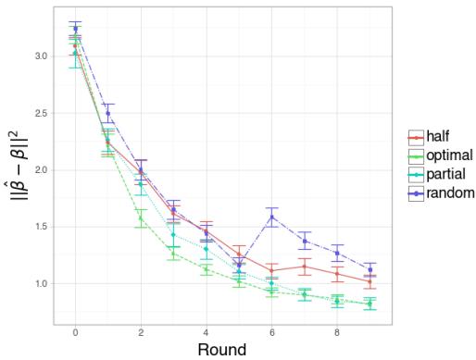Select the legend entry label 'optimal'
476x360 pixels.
click(x=448, y=155)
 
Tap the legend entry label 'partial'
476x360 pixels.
click(x=445, y=174)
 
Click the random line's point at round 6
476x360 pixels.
click(x=271, y=217)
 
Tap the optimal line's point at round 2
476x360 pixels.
click(x=141, y=218)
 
